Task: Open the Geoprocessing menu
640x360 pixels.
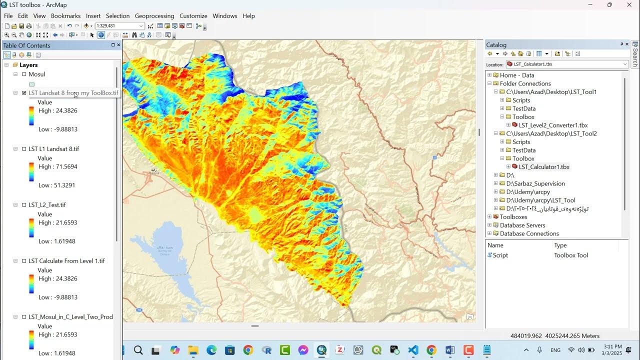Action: pyautogui.click(x=154, y=16)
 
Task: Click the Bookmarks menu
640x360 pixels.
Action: pyautogui.click(x=65, y=16)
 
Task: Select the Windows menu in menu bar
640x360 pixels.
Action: pyautogui.click(x=224, y=16)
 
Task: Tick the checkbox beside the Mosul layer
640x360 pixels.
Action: pyautogui.click(x=24, y=74)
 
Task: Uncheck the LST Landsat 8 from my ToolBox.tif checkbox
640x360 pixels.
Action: pyautogui.click(x=24, y=93)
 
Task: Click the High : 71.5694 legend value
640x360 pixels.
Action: pyautogui.click(x=57, y=166)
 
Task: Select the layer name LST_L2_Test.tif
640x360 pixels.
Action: pyautogui.click(x=47, y=205)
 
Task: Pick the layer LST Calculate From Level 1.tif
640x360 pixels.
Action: pyautogui.click(x=66, y=261)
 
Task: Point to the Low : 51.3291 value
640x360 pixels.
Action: pyautogui.click(x=56, y=185)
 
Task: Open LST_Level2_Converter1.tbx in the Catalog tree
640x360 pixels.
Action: pyautogui.click(x=553, y=125)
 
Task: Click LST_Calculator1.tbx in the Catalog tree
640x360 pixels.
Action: pyautogui.click(x=544, y=167)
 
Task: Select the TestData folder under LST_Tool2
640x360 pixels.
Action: pyautogui.click(x=523, y=150)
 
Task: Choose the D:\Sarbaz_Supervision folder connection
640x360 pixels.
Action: pyautogui.click(x=535, y=183)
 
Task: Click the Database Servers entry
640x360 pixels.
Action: pyautogui.click(x=522, y=225)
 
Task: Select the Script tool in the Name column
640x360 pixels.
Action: pyautogui.click(x=500, y=255)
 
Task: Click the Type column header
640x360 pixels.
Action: pyautogui.click(x=560, y=245)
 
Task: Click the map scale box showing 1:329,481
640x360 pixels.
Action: pyautogui.click(x=116, y=26)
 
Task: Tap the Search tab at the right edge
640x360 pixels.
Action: pyautogui.click(x=635, y=55)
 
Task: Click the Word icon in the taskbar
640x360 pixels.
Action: pyautogui.click(x=449, y=350)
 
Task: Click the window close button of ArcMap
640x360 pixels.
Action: pyautogui.click(x=629, y=5)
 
